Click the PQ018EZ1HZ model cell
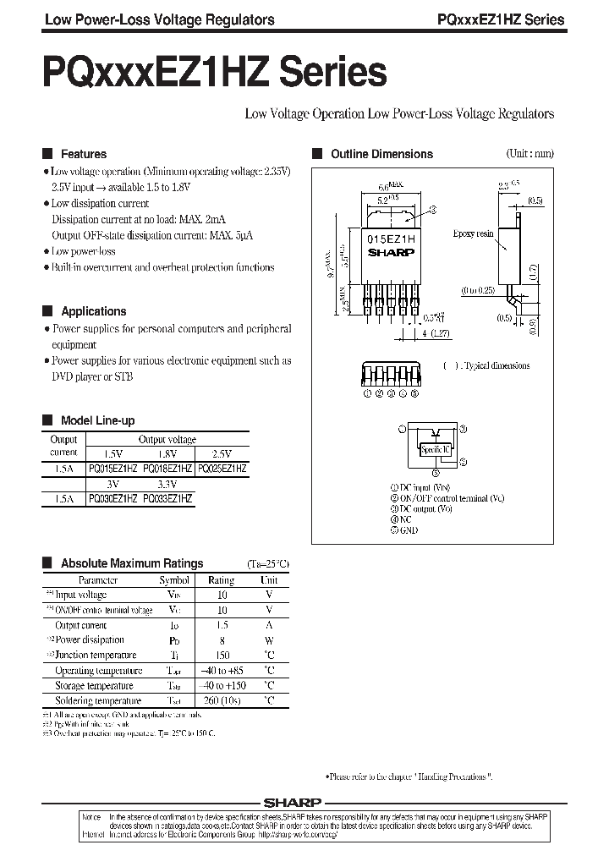coord(167,468)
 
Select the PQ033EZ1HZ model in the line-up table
coord(167,499)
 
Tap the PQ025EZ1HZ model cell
coord(222,468)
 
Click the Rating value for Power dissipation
coord(222,640)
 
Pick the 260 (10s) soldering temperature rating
coord(222,701)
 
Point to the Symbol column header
coord(174,580)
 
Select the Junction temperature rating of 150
coord(222,656)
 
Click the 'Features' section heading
coord(84,154)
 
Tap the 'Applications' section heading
coord(93,311)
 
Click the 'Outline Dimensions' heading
coord(381,154)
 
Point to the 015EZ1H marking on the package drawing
coord(390,240)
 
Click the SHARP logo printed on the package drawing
coord(390,251)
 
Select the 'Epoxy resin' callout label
coord(474,233)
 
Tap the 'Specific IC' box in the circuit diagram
coord(435,449)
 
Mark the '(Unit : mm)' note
coord(529,154)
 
